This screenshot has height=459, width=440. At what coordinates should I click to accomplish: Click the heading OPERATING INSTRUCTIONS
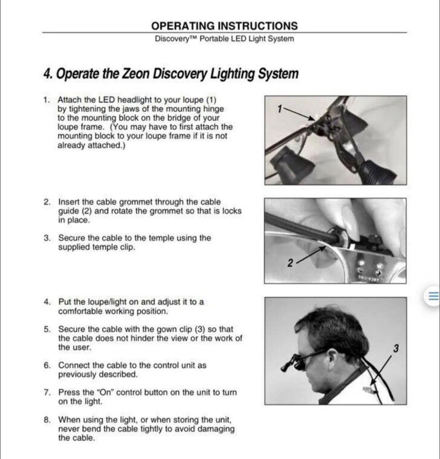click(224, 26)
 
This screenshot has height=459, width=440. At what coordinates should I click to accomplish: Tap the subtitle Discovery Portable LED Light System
click(224, 39)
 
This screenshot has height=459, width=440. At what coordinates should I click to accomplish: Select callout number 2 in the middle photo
click(290, 263)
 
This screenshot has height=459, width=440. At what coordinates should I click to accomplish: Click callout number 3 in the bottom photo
click(395, 348)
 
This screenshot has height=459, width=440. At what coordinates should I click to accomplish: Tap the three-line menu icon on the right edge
click(433, 296)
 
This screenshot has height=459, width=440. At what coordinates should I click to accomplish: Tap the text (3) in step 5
click(200, 329)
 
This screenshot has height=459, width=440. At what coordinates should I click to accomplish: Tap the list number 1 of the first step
click(46, 100)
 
